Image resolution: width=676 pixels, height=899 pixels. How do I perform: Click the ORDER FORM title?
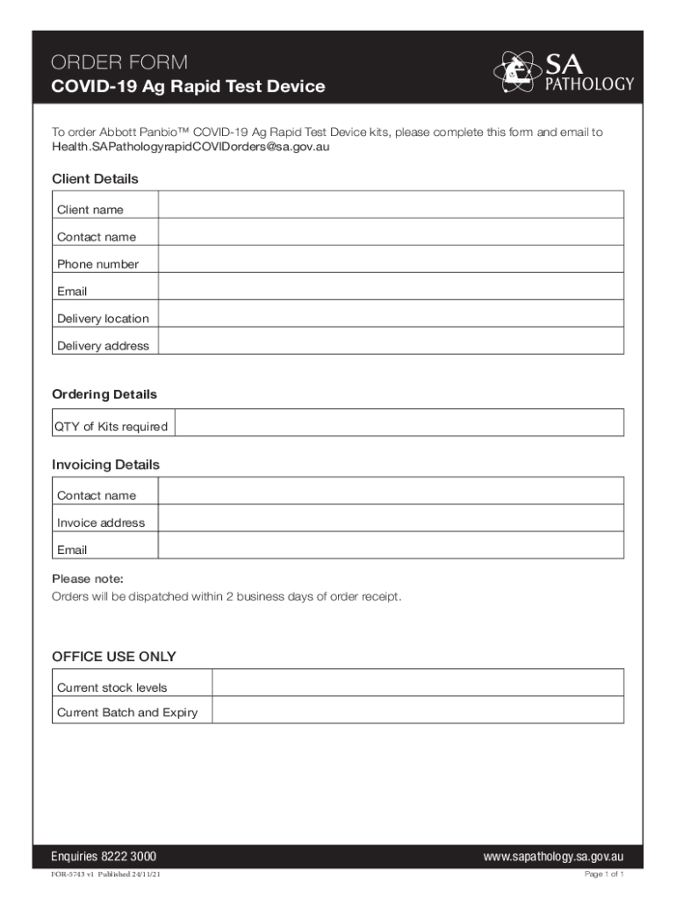click(x=119, y=62)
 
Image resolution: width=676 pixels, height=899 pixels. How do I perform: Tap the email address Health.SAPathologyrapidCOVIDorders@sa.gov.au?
click(x=191, y=147)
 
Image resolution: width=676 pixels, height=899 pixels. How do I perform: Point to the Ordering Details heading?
click(x=104, y=395)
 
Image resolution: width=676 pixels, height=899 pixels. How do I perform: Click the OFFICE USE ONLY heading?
click(x=114, y=657)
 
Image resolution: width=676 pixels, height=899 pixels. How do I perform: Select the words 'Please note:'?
click(x=88, y=579)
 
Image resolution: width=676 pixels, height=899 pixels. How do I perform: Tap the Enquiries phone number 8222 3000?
click(x=128, y=857)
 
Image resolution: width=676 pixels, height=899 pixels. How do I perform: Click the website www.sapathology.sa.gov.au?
click(x=553, y=857)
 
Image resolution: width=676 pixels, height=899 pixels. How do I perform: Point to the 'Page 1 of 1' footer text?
click(x=604, y=875)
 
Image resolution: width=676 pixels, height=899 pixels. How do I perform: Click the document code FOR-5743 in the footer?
click(x=69, y=875)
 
